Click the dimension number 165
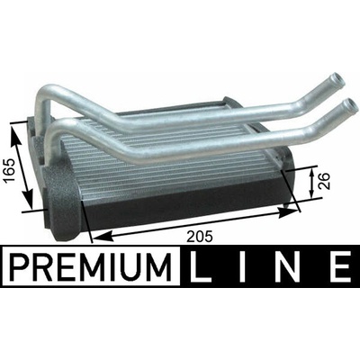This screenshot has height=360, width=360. click(x=9, y=170)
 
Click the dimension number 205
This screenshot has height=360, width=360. click(x=200, y=237)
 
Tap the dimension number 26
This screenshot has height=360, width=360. click(x=325, y=181)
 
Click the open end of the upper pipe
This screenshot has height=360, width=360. click(x=337, y=79)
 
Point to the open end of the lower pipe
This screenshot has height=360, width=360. click(x=351, y=104)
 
